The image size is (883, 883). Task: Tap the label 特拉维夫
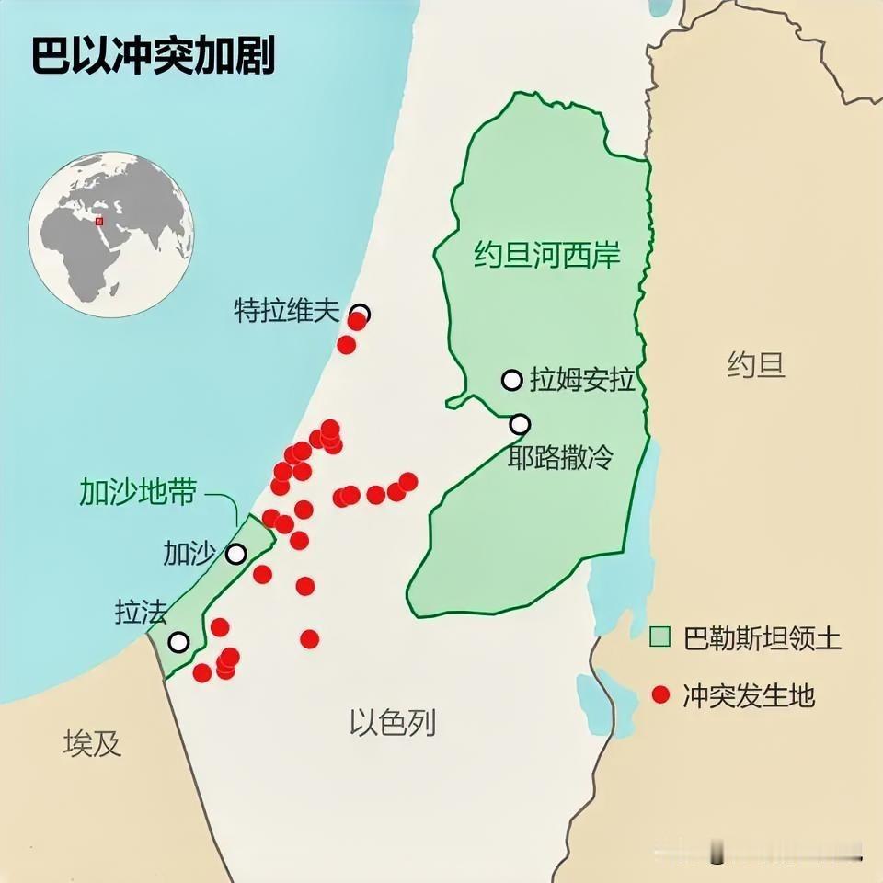point(287,312)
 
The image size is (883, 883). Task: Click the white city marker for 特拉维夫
point(361,313)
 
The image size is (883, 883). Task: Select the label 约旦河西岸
point(547,255)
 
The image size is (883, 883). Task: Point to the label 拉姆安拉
point(583,380)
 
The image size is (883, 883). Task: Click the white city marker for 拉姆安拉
point(511,379)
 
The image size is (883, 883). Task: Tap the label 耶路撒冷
point(560,457)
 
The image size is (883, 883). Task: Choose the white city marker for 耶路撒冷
point(520,424)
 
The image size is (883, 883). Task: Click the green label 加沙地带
point(137,492)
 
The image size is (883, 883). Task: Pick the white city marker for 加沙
point(236,554)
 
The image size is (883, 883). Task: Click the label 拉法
point(141,613)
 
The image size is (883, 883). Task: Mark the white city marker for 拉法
point(178,641)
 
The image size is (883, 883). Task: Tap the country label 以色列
point(393,723)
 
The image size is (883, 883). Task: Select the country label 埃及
point(92,743)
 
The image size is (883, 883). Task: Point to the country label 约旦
point(756,366)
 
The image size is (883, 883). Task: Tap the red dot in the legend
point(659,695)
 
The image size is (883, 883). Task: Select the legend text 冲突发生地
point(749,695)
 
